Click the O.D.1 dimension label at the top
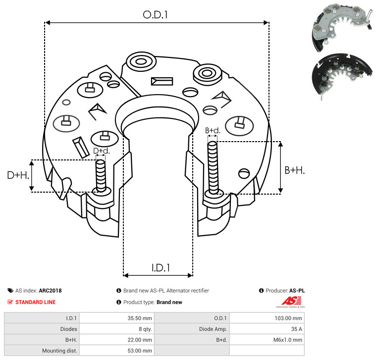point(155,15)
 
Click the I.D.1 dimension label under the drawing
point(161,268)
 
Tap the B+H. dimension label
point(294,170)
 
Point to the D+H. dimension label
point(18,175)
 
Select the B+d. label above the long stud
point(213,131)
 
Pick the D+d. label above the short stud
point(102,151)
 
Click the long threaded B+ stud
point(213,167)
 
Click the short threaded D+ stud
point(101,176)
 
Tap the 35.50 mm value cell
point(140,318)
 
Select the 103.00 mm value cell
point(288,318)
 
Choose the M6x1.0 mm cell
point(287,340)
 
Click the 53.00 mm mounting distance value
point(140,351)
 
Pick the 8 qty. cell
point(145,329)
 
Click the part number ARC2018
point(51,291)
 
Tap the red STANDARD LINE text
point(36,302)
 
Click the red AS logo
point(291,302)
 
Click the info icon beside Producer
point(262,291)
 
